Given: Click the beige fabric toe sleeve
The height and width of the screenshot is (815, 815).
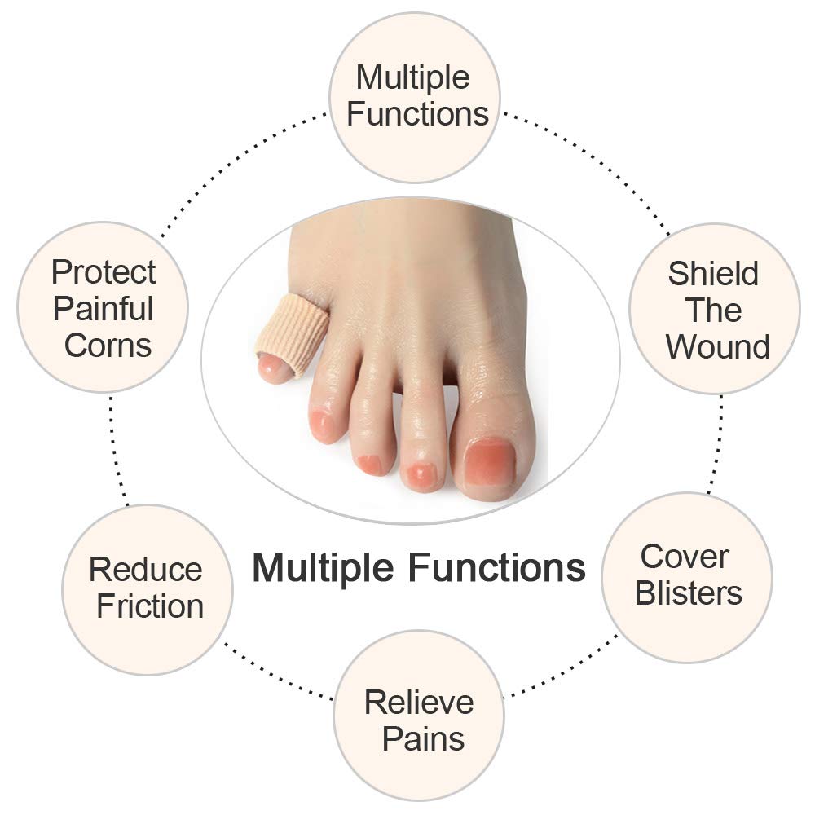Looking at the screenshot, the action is tap(293, 334).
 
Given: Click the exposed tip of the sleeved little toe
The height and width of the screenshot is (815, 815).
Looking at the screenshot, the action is tap(274, 368).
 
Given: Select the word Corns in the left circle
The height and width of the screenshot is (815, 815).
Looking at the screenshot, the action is tap(108, 346).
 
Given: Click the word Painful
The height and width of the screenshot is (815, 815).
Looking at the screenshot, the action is tap(103, 309).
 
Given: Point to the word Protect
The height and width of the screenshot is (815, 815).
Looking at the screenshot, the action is tap(104, 272).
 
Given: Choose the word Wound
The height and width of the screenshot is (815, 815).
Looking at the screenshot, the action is tap(718, 346).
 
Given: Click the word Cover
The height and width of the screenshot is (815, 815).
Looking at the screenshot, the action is tap(685, 557).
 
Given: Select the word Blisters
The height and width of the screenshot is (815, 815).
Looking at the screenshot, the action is tap(688, 593).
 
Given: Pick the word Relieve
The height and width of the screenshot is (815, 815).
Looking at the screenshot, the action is tap(419, 703).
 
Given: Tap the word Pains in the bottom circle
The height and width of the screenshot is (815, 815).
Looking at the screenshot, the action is tap(423, 739).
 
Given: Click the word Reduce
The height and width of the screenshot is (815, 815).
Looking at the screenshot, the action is tap(146, 570).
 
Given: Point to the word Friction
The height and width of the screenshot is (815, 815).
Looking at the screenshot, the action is tap(150, 606).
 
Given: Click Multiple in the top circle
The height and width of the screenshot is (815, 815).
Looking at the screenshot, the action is tap(412, 78).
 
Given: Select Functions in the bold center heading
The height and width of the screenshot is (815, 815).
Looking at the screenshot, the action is tap(497, 567).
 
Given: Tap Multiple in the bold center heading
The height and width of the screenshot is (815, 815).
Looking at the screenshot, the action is tap(323, 568).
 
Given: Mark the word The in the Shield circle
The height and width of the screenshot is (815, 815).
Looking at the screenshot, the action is tap(713, 311).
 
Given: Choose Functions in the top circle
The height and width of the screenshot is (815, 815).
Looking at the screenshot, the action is tap(418, 114).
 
